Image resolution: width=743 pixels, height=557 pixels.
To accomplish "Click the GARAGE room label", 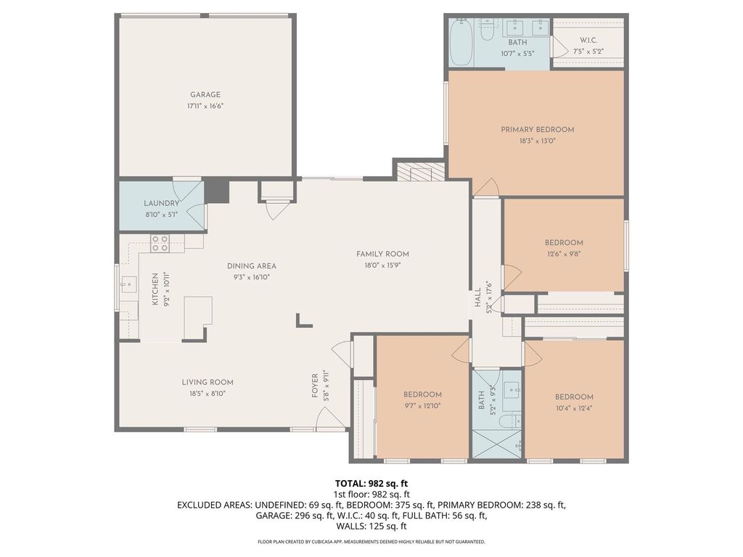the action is click(205, 95).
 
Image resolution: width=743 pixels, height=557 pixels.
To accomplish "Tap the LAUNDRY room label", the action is click(162, 203).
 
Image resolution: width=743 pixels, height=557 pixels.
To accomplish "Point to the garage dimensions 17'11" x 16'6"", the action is click(205, 107).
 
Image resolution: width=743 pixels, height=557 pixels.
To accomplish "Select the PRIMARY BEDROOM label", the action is click(538, 129).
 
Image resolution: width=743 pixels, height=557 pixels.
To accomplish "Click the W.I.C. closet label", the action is click(588, 41).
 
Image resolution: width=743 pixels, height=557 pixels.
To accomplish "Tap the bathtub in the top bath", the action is click(461, 43).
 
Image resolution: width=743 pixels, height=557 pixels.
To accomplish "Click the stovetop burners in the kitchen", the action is click(160, 244).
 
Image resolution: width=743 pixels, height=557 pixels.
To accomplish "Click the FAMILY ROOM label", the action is click(382, 254).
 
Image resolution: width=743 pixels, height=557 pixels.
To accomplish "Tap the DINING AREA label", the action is click(251, 266).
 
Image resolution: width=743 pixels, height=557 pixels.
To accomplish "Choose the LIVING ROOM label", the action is click(208, 382).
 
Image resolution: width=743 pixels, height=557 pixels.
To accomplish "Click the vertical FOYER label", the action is click(315, 386).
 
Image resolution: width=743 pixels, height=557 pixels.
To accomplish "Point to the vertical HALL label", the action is click(477, 297).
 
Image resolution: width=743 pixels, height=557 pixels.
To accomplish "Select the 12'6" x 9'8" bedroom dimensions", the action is click(564, 254).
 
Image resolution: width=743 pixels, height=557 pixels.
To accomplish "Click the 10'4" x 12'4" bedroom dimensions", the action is click(574, 408).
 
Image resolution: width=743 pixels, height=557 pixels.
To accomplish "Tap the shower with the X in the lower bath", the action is click(496, 444).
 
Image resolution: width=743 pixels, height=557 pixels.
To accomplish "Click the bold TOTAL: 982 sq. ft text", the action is click(371, 484).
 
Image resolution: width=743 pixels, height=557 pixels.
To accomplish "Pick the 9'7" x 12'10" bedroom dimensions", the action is click(423, 406).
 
